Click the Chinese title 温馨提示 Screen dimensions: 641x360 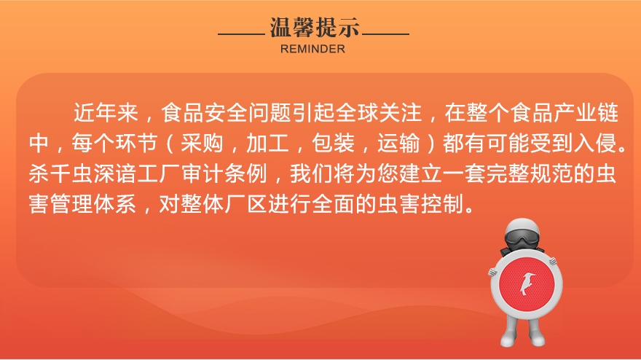[x=315, y=28]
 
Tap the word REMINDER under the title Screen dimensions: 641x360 [x=312, y=49]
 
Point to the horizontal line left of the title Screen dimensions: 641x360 [x=242, y=34]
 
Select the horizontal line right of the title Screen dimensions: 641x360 [x=385, y=34]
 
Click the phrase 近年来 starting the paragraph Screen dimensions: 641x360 [x=106, y=112]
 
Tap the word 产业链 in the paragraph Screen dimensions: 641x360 [x=586, y=112]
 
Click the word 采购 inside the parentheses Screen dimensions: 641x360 [x=202, y=143]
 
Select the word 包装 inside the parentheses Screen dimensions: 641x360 [x=333, y=143]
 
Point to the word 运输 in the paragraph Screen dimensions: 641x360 [x=398, y=143]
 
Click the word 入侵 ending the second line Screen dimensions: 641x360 [x=595, y=143]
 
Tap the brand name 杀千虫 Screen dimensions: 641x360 [x=61, y=173]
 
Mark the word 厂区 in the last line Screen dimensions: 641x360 [x=245, y=204]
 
